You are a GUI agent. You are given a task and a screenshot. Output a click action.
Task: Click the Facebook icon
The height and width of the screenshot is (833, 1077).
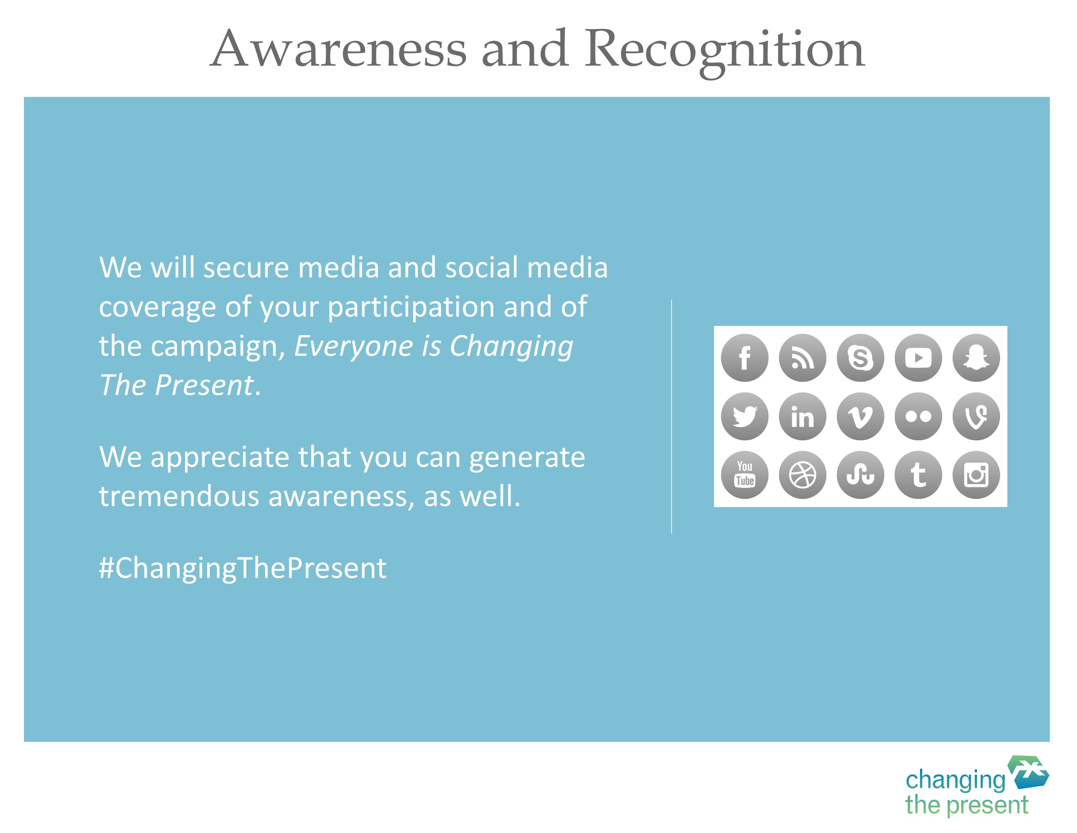(744, 358)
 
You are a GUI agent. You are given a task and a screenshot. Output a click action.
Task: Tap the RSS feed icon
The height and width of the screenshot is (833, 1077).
(802, 358)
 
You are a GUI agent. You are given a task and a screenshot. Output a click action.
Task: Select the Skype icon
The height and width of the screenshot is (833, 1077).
(861, 358)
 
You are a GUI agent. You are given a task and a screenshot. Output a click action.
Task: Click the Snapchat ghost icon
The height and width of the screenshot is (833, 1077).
(977, 358)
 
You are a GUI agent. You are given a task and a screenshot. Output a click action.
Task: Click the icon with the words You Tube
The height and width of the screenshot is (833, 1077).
(744, 475)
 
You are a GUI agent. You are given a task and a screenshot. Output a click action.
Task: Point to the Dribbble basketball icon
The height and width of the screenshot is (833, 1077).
(802, 475)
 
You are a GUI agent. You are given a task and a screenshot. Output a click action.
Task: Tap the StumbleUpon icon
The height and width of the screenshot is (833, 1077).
(861, 475)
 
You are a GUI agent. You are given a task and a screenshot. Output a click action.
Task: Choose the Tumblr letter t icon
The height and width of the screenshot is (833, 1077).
(918, 475)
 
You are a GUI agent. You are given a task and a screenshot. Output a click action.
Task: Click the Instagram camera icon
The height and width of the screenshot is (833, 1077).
(977, 475)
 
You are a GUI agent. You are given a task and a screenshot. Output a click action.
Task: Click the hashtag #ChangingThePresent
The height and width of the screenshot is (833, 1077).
(243, 568)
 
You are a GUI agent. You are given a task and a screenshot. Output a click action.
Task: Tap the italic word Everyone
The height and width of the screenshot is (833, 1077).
(354, 346)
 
